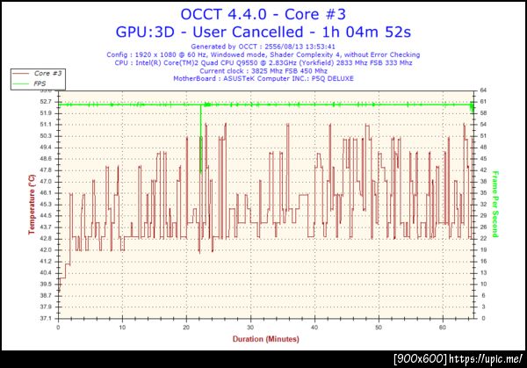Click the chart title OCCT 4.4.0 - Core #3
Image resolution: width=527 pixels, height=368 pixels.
[x=263, y=13]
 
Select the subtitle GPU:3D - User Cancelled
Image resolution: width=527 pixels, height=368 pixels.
[x=263, y=32]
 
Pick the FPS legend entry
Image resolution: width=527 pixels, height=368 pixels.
[x=39, y=83]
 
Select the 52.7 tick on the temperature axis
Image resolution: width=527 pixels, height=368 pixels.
[x=45, y=102]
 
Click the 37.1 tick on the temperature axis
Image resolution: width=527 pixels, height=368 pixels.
[x=45, y=317]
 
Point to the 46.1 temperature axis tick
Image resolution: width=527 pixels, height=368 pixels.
[x=45, y=192]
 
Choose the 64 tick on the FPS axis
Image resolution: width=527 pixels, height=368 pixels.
[x=484, y=90]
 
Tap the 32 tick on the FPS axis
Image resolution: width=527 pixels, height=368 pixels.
[x=484, y=204]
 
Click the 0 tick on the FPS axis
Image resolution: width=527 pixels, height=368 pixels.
[x=482, y=317]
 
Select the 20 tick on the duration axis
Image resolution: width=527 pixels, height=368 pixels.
[x=186, y=327]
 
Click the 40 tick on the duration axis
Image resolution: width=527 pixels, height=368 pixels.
[x=314, y=327]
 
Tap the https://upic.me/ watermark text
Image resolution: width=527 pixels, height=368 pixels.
[x=487, y=360]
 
